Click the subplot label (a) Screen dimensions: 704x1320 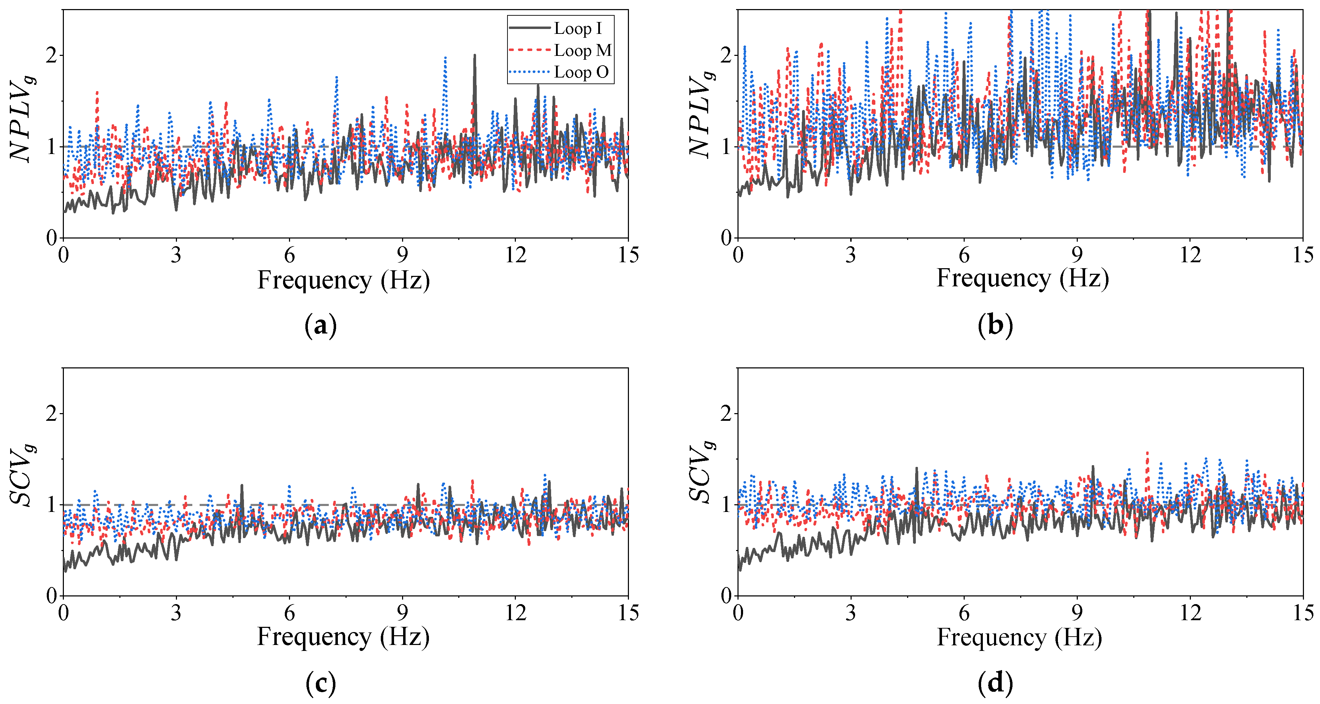coord(321,325)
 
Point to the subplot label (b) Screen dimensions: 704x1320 coord(995,325)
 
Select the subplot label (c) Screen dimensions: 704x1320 coord(321,683)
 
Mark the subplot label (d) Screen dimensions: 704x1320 coord(995,683)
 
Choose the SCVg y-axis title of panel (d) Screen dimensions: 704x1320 coord(701,473)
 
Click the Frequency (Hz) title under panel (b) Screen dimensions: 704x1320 coord(1022,278)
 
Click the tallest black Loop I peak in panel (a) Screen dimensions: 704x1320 coord(475,56)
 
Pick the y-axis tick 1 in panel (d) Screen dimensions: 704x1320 coord(726,505)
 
